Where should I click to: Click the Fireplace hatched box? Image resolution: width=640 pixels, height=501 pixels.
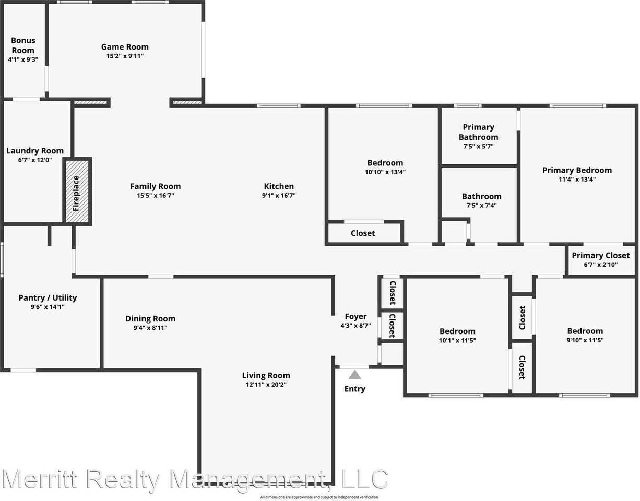[x=78, y=192]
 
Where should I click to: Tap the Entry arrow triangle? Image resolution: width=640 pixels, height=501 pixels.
[x=355, y=374]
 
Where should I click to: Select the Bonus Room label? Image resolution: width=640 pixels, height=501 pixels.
[x=23, y=45]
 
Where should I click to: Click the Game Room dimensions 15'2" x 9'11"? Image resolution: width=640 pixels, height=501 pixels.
[x=125, y=56]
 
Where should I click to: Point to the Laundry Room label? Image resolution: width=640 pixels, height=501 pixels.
[x=35, y=151]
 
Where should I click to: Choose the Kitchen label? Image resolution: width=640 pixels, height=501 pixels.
[x=279, y=186]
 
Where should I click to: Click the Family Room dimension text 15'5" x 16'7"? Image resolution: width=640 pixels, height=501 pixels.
[x=156, y=196]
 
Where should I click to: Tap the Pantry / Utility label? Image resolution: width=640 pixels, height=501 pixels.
[x=48, y=297]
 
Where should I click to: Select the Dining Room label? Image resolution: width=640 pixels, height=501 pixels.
[x=150, y=319]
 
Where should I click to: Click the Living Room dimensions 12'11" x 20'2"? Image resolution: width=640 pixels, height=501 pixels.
[x=266, y=385]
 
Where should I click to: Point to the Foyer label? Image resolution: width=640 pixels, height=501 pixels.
[x=355, y=316]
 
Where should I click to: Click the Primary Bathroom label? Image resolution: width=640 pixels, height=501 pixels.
[x=478, y=132]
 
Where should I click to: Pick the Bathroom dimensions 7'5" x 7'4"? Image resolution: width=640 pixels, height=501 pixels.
[x=481, y=206]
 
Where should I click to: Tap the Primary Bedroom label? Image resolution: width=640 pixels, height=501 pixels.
[x=577, y=170]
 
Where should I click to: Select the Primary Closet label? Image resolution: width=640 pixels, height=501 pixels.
[x=601, y=255]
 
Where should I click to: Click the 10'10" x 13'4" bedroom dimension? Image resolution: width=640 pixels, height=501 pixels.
[x=385, y=172]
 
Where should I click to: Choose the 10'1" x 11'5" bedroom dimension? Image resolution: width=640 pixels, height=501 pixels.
[x=457, y=340]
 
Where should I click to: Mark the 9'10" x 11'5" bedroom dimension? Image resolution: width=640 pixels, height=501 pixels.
[x=585, y=340]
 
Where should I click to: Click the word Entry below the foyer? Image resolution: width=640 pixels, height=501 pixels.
[x=355, y=389]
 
